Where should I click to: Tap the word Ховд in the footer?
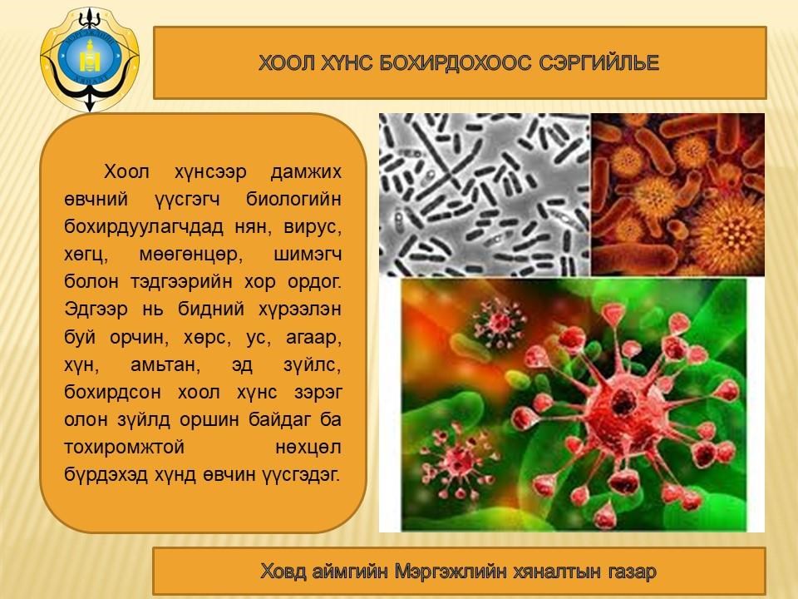[x=283, y=572]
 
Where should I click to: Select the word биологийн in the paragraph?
[x=293, y=199]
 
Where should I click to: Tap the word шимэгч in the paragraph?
[x=308, y=255]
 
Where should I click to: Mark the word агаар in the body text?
[x=313, y=338]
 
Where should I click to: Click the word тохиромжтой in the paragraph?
[x=124, y=448]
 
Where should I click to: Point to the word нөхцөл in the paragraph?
[x=308, y=448]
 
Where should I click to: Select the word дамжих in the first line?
[x=305, y=171]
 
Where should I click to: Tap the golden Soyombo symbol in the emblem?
[x=90, y=56]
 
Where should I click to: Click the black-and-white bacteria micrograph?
[x=485, y=195]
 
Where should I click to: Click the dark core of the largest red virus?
[x=622, y=401]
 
